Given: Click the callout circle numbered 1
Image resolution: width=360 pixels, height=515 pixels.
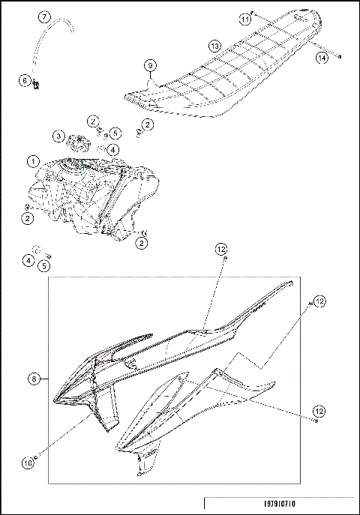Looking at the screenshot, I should (x=33, y=161).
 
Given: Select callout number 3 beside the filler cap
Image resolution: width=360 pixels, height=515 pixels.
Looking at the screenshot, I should (x=58, y=136).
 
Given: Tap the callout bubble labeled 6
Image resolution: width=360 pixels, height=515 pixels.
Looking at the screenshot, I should (x=25, y=80).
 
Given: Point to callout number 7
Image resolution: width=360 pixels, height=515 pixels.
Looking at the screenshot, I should (x=43, y=16).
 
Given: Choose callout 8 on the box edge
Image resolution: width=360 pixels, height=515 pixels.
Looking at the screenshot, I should (x=34, y=380).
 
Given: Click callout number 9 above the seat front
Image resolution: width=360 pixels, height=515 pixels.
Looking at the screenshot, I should (x=150, y=66).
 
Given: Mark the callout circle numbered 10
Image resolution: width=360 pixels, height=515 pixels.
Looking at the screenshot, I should (x=27, y=463).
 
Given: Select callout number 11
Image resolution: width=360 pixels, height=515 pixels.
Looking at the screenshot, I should (x=244, y=17).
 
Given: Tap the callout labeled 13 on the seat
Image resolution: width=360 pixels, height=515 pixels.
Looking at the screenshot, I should (x=214, y=46).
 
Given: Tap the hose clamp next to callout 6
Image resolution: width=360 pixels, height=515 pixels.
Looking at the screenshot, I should (x=35, y=87).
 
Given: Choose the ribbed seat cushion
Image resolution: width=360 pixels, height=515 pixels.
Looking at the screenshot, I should (x=225, y=67).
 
